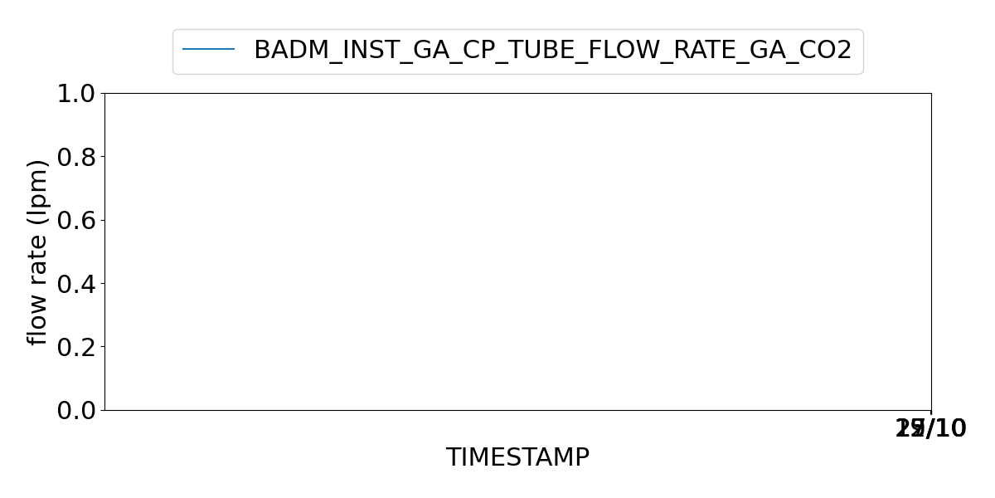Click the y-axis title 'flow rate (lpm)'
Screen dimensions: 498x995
pyautogui.click(x=38, y=251)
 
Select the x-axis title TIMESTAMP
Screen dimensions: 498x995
pyautogui.click(x=517, y=457)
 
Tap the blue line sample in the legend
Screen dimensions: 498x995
pyautogui.click(x=208, y=50)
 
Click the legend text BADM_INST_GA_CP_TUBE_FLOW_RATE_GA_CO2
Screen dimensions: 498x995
pyautogui.click(x=552, y=50)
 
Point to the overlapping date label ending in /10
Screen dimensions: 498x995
pyautogui.click(x=931, y=429)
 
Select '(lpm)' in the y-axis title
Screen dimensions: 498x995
pyautogui.click(x=38, y=187)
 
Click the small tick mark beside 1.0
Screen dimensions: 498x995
pyautogui.click(x=101, y=94)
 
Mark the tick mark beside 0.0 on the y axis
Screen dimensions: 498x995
pyautogui.click(x=101, y=410)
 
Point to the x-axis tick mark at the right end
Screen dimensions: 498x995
pyautogui.click(x=931, y=413)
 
